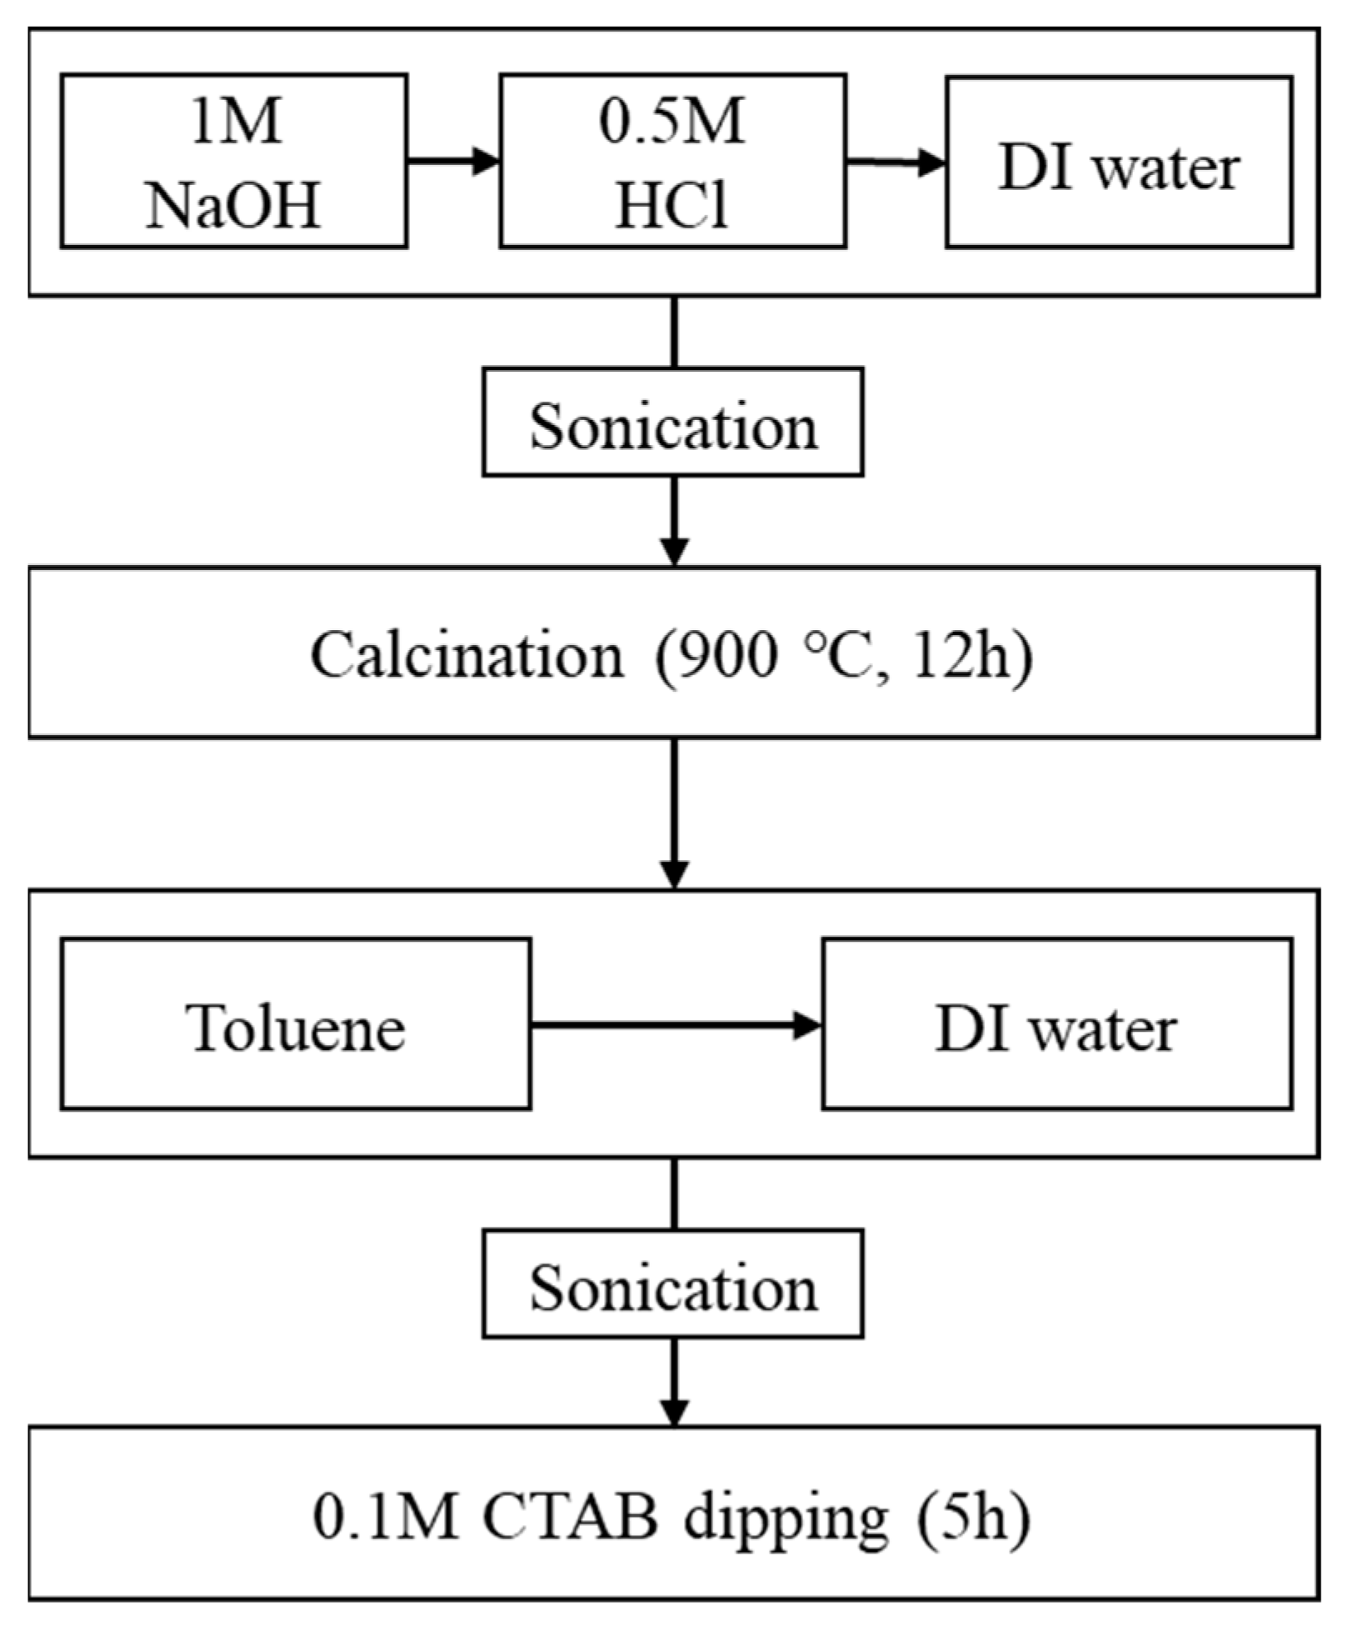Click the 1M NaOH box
click(x=233, y=161)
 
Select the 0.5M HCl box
click(x=672, y=161)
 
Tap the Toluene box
click(x=295, y=1024)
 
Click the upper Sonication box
click(x=672, y=423)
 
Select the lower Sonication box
click(x=672, y=1284)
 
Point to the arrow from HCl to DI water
click(x=895, y=162)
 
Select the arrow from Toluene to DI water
click(x=675, y=1025)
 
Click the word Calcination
click(x=467, y=655)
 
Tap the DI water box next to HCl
click(x=1118, y=163)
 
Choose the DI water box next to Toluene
click(x=1056, y=1024)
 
